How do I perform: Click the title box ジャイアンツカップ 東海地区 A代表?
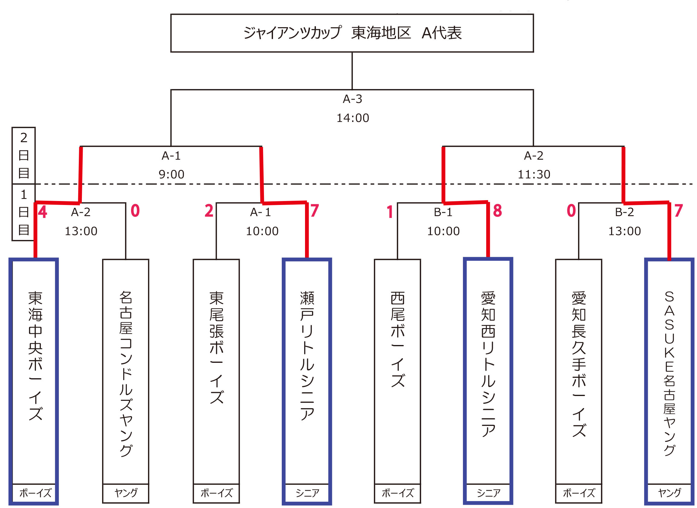pos(352,33)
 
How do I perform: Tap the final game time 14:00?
pos(352,118)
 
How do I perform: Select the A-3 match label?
pos(352,99)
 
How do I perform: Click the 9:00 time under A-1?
pos(171,175)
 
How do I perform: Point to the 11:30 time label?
pos(534,175)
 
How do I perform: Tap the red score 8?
pos(497,211)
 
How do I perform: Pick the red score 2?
pos(209,211)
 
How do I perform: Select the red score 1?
pos(390,212)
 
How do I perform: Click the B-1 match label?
pos(443,212)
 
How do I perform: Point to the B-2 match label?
pos(624,212)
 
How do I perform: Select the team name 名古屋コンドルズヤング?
pos(126,374)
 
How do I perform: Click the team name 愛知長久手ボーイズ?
pos(579,364)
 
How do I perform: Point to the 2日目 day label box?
pos(24,155)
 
